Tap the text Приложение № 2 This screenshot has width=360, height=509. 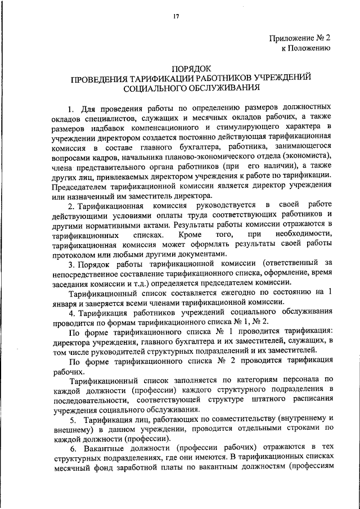point(301,39)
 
